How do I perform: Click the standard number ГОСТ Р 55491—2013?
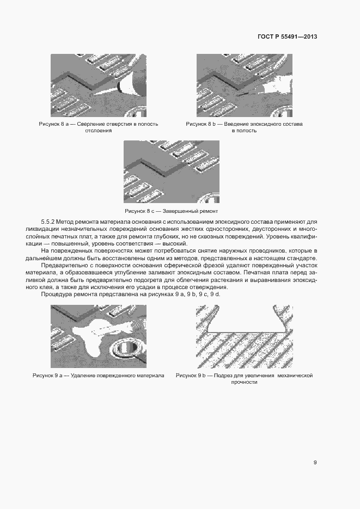[x=287, y=37]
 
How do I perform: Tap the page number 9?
[x=315, y=462]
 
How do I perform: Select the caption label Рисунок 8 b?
[x=201, y=124]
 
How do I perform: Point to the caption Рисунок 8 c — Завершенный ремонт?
[x=171, y=211]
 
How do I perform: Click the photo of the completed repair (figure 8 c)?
[x=171, y=172]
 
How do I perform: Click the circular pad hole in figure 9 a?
[x=129, y=347]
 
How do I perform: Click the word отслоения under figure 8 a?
[x=99, y=131]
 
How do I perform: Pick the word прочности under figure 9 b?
[x=244, y=382]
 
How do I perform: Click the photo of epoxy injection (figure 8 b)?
[x=244, y=85]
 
